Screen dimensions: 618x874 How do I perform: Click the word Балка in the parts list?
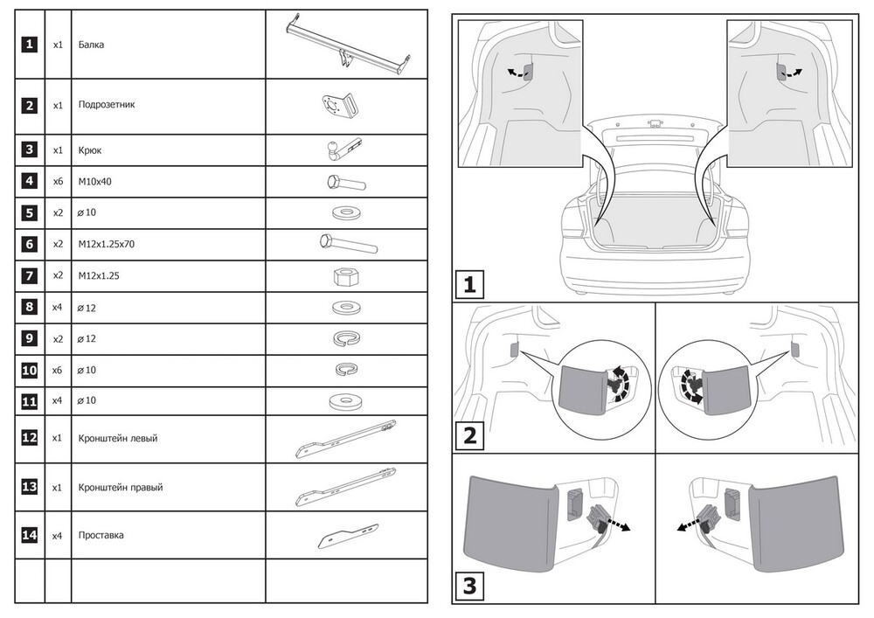tap(91, 45)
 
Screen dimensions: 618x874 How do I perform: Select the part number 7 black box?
tap(30, 276)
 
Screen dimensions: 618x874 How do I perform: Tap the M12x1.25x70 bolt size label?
tap(106, 245)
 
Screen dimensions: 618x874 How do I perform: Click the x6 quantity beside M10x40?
tap(58, 182)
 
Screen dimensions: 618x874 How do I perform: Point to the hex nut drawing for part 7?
tap(344, 277)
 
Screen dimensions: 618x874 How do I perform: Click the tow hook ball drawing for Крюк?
tap(336, 149)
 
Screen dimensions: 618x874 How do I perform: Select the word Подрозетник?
tap(106, 105)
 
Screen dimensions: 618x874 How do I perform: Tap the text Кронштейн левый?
tap(117, 438)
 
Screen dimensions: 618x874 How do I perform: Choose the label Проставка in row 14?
tap(101, 535)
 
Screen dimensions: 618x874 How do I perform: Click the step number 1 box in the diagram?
tap(469, 285)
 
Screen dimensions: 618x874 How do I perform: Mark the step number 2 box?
tap(469, 434)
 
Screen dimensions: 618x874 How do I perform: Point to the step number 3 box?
tap(469, 587)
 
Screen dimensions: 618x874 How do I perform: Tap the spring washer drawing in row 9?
tap(348, 339)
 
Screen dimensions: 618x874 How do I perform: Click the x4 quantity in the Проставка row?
tap(58, 535)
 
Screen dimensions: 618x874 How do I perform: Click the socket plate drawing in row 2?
tap(336, 107)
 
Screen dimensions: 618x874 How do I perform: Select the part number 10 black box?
tap(30, 371)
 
